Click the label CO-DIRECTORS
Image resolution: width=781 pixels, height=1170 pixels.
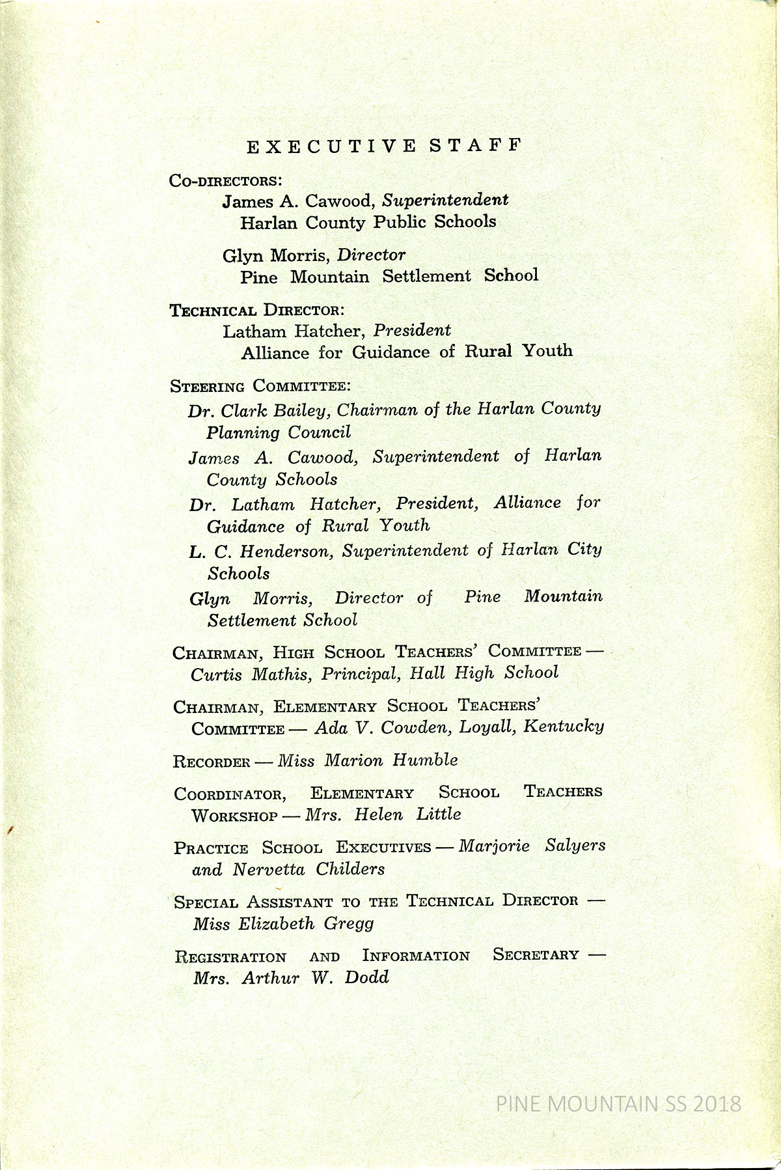[x=225, y=180]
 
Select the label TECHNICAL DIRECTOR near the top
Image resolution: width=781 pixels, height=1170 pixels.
[x=257, y=310]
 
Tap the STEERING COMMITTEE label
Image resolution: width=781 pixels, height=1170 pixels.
[x=260, y=386]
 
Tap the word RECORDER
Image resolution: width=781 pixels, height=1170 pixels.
[x=212, y=762]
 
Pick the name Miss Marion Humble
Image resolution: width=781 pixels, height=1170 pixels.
[x=368, y=760]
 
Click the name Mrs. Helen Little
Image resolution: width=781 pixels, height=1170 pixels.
[x=383, y=815]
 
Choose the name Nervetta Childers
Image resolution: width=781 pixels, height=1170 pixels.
[x=308, y=869]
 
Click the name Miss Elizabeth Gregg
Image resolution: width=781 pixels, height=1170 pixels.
[x=284, y=923]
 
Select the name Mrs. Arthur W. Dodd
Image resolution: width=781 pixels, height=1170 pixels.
[x=291, y=977]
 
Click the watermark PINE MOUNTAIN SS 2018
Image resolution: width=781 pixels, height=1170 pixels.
[x=618, y=1104]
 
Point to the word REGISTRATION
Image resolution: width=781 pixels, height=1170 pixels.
[x=230, y=957]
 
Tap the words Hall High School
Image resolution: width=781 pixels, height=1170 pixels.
[x=484, y=673]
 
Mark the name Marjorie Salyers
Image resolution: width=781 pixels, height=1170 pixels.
[x=532, y=845]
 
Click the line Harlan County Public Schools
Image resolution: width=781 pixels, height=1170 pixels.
[x=368, y=222]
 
